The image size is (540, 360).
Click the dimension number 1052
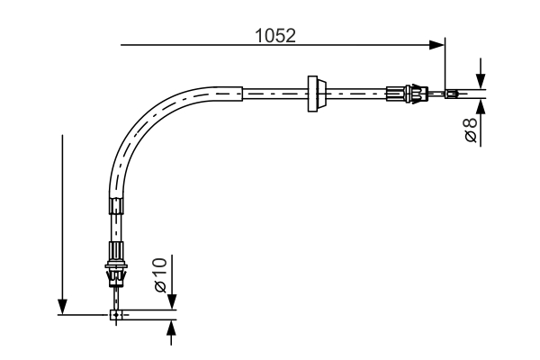click(276, 35)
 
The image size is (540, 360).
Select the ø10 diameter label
click(159, 274)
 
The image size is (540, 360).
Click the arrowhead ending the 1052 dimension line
click(437, 43)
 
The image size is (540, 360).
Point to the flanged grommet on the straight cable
click(315, 93)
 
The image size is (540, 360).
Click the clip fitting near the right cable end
click(410, 92)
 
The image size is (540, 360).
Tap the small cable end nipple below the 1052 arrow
click(453, 93)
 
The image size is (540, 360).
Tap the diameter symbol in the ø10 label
click(159, 287)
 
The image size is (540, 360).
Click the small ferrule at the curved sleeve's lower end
click(115, 206)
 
